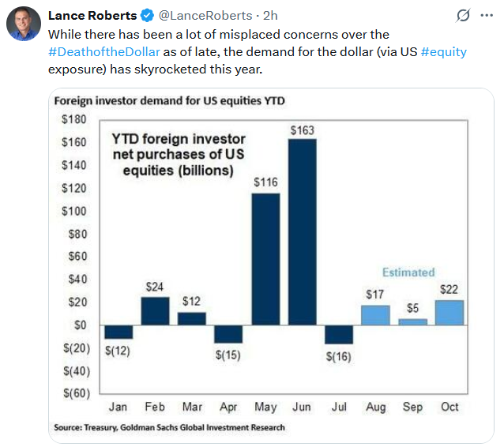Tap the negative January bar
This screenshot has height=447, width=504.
pyautogui.click(x=118, y=332)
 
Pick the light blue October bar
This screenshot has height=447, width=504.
pyautogui.click(x=449, y=312)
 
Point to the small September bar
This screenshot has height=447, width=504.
pyautogui.click(x=412, y=321)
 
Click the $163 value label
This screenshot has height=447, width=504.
pyautogui.click(x=303, y=130)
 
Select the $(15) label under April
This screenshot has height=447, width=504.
pyautogui.click(x=228, y=355)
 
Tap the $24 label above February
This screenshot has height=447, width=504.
pyautogui.click(x=155, y=287)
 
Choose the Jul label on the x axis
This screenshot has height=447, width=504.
pyautogui.click(x=339, y=408)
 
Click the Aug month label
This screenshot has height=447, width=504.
pyautogui.click(x=376, y=408)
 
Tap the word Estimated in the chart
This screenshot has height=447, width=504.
pyautogui.click(x=408, y=272)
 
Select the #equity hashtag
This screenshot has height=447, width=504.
pyautogui.click(x=443, y=52)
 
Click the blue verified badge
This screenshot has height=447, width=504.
pyautogui.click(x=147, y=15)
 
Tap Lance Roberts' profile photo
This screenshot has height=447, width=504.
pyautogui.click(x=24, y=24)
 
